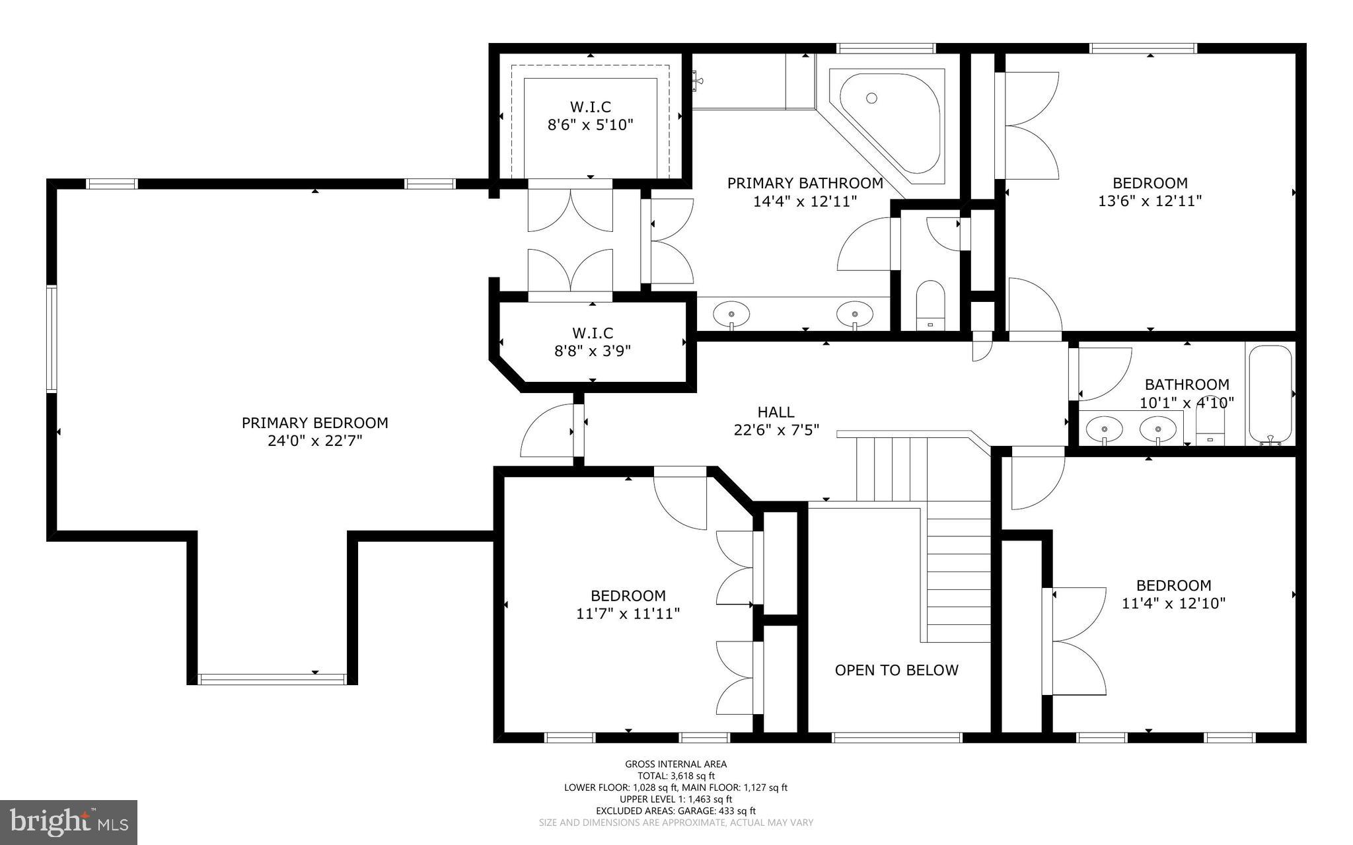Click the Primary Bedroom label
click(314, 423)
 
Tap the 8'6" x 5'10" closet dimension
click(590, 124)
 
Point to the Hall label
click(776, 412)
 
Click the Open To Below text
click(896, 670)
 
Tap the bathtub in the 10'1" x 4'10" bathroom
click(1269, 394)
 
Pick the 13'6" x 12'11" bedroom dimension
click(1150, 201)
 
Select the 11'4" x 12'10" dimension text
click(1173, 603)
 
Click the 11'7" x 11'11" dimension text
click(628, 614)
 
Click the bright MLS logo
click(69, 822)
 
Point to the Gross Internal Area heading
click(675, 764)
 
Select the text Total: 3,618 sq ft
click(675, 776)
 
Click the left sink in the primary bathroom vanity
click(731, 312)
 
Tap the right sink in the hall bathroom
click(1158, 430)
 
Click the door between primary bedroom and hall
click(579, 431)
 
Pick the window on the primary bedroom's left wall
click(51, 339)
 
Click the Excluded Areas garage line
click(675, 811)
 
